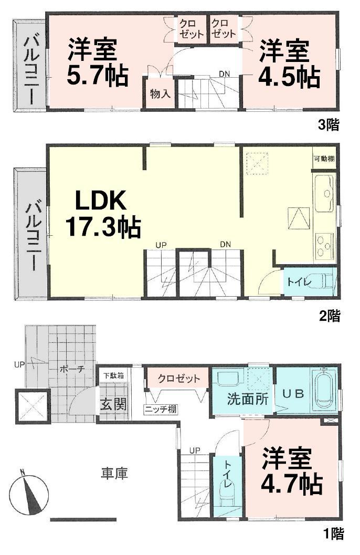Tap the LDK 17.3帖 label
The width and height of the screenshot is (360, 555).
coord(102,214)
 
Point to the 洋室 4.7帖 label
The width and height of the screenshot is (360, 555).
coord(291,472)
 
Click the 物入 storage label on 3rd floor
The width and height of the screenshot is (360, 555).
coord(160,94)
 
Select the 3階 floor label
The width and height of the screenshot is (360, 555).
coord(329,124)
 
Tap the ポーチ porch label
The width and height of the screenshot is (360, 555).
coord(72,369)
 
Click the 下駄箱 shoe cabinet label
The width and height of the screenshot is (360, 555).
coord(113,376)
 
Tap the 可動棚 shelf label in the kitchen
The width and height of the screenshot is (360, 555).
coord(324,159)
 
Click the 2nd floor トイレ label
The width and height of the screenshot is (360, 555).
coord(300,281)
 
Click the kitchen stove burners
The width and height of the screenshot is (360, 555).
coord(323,244)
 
